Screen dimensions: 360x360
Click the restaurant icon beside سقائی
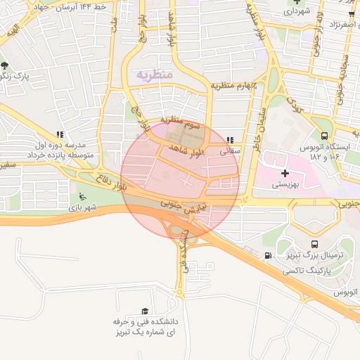click(231, 139)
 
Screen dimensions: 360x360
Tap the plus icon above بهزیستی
click(284, 173)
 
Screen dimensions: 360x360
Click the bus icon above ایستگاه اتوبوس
click(324, 136)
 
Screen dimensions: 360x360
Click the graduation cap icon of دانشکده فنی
click(146, 311)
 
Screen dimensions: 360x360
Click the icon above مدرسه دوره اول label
click(60, 134)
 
